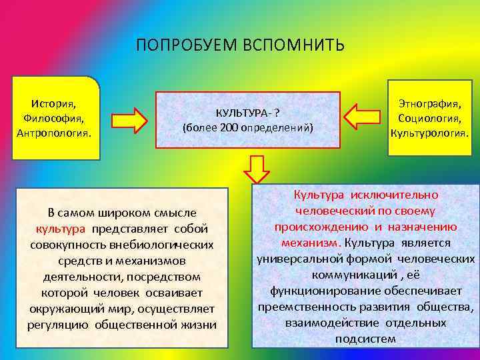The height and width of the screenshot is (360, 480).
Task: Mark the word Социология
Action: [x=430, y=118]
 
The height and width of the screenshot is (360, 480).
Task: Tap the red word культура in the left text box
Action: [x=61, y=229]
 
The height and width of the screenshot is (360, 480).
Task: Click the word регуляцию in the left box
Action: [x=57, y=325]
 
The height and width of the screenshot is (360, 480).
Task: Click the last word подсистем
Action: [x=366, y=339]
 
